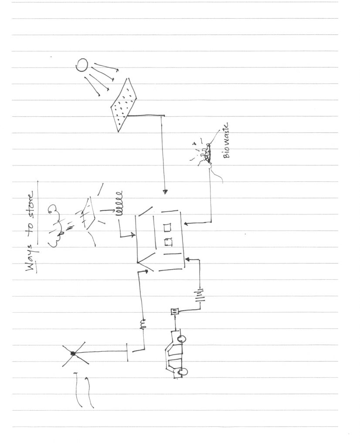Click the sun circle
tap(82, 65)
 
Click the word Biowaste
tap(226, 141)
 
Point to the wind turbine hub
tap(73, 353)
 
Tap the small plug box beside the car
tap(174, 311)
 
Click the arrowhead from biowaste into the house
tap(186, 224)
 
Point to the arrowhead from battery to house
tap(187, 259)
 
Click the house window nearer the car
tap(169, 241)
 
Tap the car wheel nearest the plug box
tap(182, 339)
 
